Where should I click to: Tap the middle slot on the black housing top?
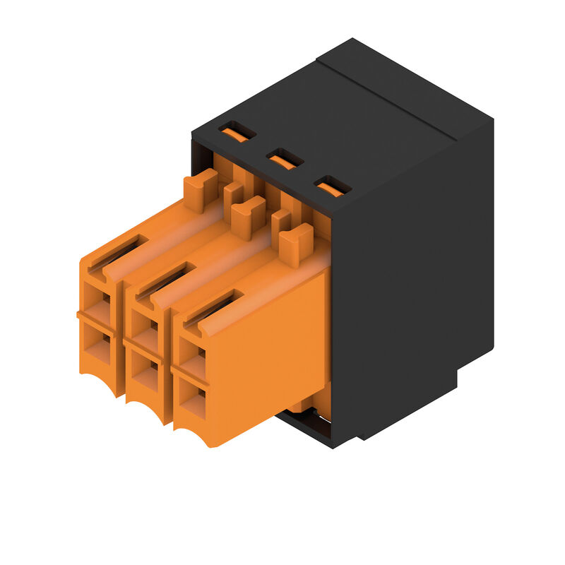[285, 159]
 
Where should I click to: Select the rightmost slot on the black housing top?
[332, 186]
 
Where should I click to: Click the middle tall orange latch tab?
[247, 216]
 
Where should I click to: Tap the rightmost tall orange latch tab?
[295, 244]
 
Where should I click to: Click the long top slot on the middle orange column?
[167, 278]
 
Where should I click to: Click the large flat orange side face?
[268, 353]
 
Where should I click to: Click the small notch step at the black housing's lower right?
[466, 378]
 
